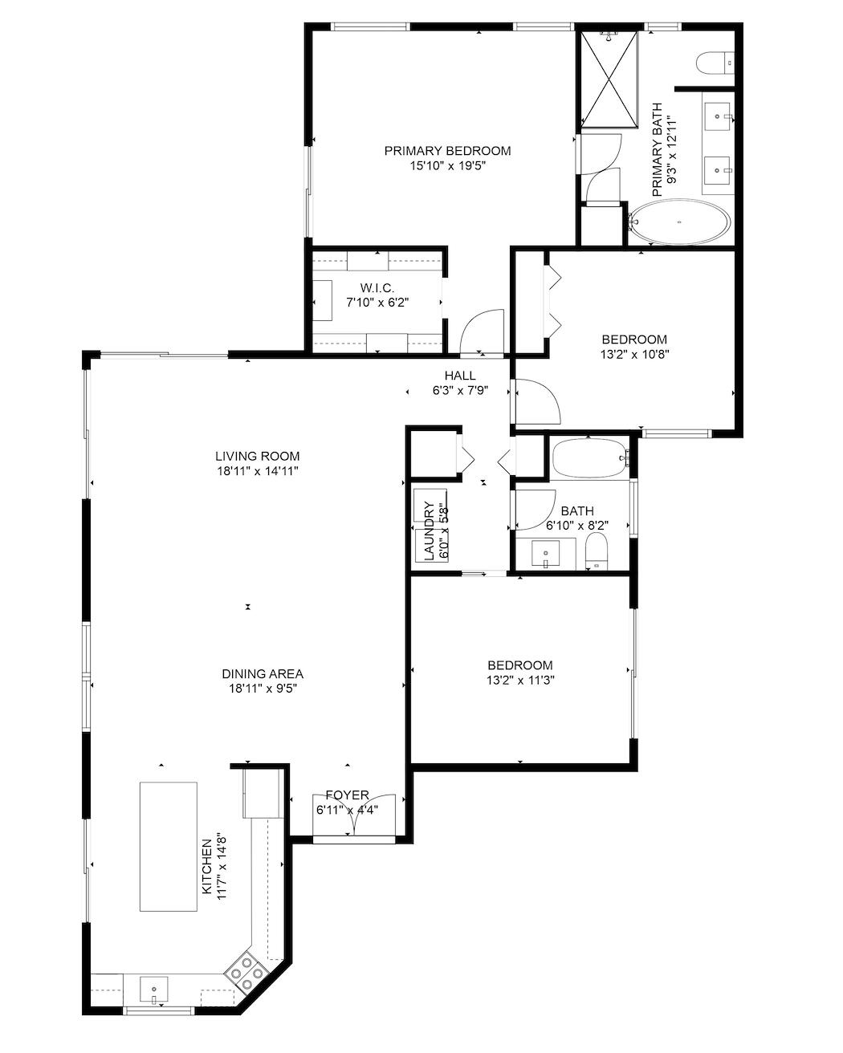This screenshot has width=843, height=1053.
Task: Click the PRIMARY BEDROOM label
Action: click(x=446, y=151)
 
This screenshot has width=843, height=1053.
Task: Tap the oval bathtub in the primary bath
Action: click(x=680, y=222)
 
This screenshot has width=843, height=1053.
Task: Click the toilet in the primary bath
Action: click(x=715, y=61)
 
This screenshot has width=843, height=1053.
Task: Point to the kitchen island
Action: click(x=169, y=846)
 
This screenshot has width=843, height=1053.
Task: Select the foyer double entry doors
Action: click(x=354, y=817)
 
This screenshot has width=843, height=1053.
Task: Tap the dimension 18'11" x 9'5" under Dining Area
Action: click(x=263, y=688)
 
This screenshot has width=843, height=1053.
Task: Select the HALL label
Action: click(x=460, y=376)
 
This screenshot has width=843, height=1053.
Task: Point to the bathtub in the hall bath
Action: click(x=590, y=457)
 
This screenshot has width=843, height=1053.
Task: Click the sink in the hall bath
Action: click(x=546, y=553)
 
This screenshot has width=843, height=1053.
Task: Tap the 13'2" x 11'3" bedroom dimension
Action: click(x=520, y=680)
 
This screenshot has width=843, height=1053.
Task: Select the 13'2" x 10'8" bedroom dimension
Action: click(x=633, y=353)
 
